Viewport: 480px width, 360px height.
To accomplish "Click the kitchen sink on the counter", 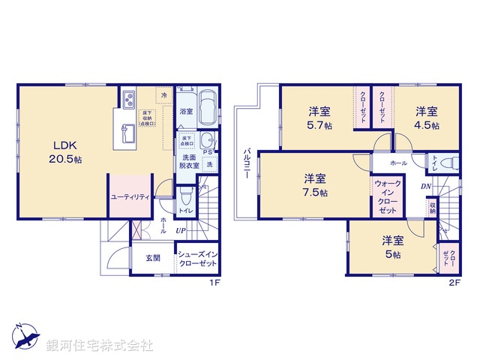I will pyautogui.click(x=126, y=135).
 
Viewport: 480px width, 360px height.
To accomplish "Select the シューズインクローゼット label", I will pyautogui.click(x=198, y=259).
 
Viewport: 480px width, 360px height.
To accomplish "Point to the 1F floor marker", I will pyautogui.click(x=213, y=283).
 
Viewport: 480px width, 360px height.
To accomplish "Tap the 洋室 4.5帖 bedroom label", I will pyautogui.click(x=428, y=118).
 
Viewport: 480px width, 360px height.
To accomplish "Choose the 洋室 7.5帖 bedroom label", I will pyautogui.click(x=315, y=185).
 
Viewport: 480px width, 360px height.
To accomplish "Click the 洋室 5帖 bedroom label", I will pyautogui.click(x=392, y=247).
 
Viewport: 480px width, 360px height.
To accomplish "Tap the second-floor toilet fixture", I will pyautogui.click(x=448, y=163).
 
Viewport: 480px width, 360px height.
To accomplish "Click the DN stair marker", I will pyautogui.click(x=425, y=187).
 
